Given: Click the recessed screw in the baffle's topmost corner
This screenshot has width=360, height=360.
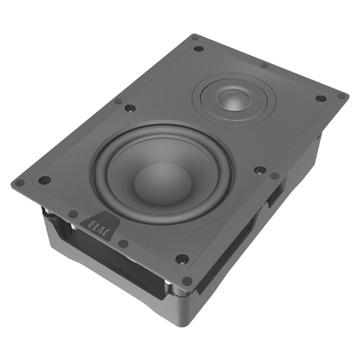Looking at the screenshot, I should pos(198,49).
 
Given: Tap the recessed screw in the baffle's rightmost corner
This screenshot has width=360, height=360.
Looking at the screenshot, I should pos(321,98).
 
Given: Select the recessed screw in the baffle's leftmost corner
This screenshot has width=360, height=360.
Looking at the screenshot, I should pos(44,180).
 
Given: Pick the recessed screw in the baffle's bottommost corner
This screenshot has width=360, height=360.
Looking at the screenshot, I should pos(182,259).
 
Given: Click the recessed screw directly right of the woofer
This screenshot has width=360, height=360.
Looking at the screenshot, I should pos(260,170).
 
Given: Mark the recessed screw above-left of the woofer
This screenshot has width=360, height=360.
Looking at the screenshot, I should pos(130,108).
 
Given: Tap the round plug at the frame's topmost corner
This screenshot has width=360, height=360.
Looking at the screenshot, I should pos(195,37).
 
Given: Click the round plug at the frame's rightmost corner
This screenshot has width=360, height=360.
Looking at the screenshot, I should pos(341,96).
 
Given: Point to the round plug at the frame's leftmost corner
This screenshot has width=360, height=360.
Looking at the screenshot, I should pos(19,183).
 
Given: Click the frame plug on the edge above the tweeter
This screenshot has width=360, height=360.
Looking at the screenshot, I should pos(264,65).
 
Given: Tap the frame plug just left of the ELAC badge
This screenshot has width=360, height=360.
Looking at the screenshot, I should pos(73,214).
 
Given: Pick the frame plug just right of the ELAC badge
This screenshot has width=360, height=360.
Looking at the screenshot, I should pos(124,243).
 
